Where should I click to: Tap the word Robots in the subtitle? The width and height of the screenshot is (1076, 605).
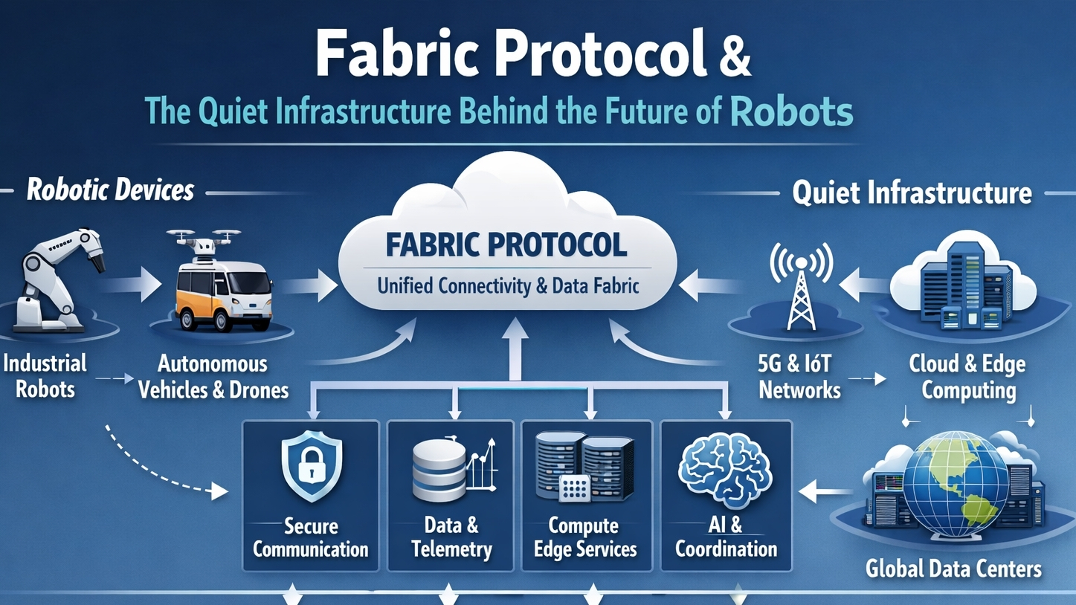pyautogui.click(x=791, y=111)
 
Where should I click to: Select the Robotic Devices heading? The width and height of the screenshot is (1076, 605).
pyautogui.click(x=110, y=190)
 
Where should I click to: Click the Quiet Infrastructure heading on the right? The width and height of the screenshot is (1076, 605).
pyautogui.click(x=912, y=192)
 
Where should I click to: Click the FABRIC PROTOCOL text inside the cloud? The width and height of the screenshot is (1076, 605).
pyautogui.click(x=506, y=245)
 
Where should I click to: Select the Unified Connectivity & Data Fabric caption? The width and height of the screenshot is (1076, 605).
pyautogui.click(x=508, y=285)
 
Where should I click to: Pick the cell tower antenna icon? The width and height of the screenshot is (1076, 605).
pyautogui.click(x=800, y=285)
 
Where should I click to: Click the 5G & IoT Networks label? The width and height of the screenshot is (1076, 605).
pyautogui.click(x=799, y=377)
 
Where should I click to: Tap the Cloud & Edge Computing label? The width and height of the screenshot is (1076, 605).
pyautogui.click(x=967, y=377)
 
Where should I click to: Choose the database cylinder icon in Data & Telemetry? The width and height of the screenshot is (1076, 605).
pyautogui.click(x=439, y=468)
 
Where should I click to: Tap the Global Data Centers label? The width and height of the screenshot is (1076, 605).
pyautogui.click(x=953, y=569)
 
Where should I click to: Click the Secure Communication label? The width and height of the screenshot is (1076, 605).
pyautogui.click(x=311, y=538)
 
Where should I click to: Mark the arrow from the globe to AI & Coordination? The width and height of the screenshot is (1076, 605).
pyautogui.click(x=825, y=491)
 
